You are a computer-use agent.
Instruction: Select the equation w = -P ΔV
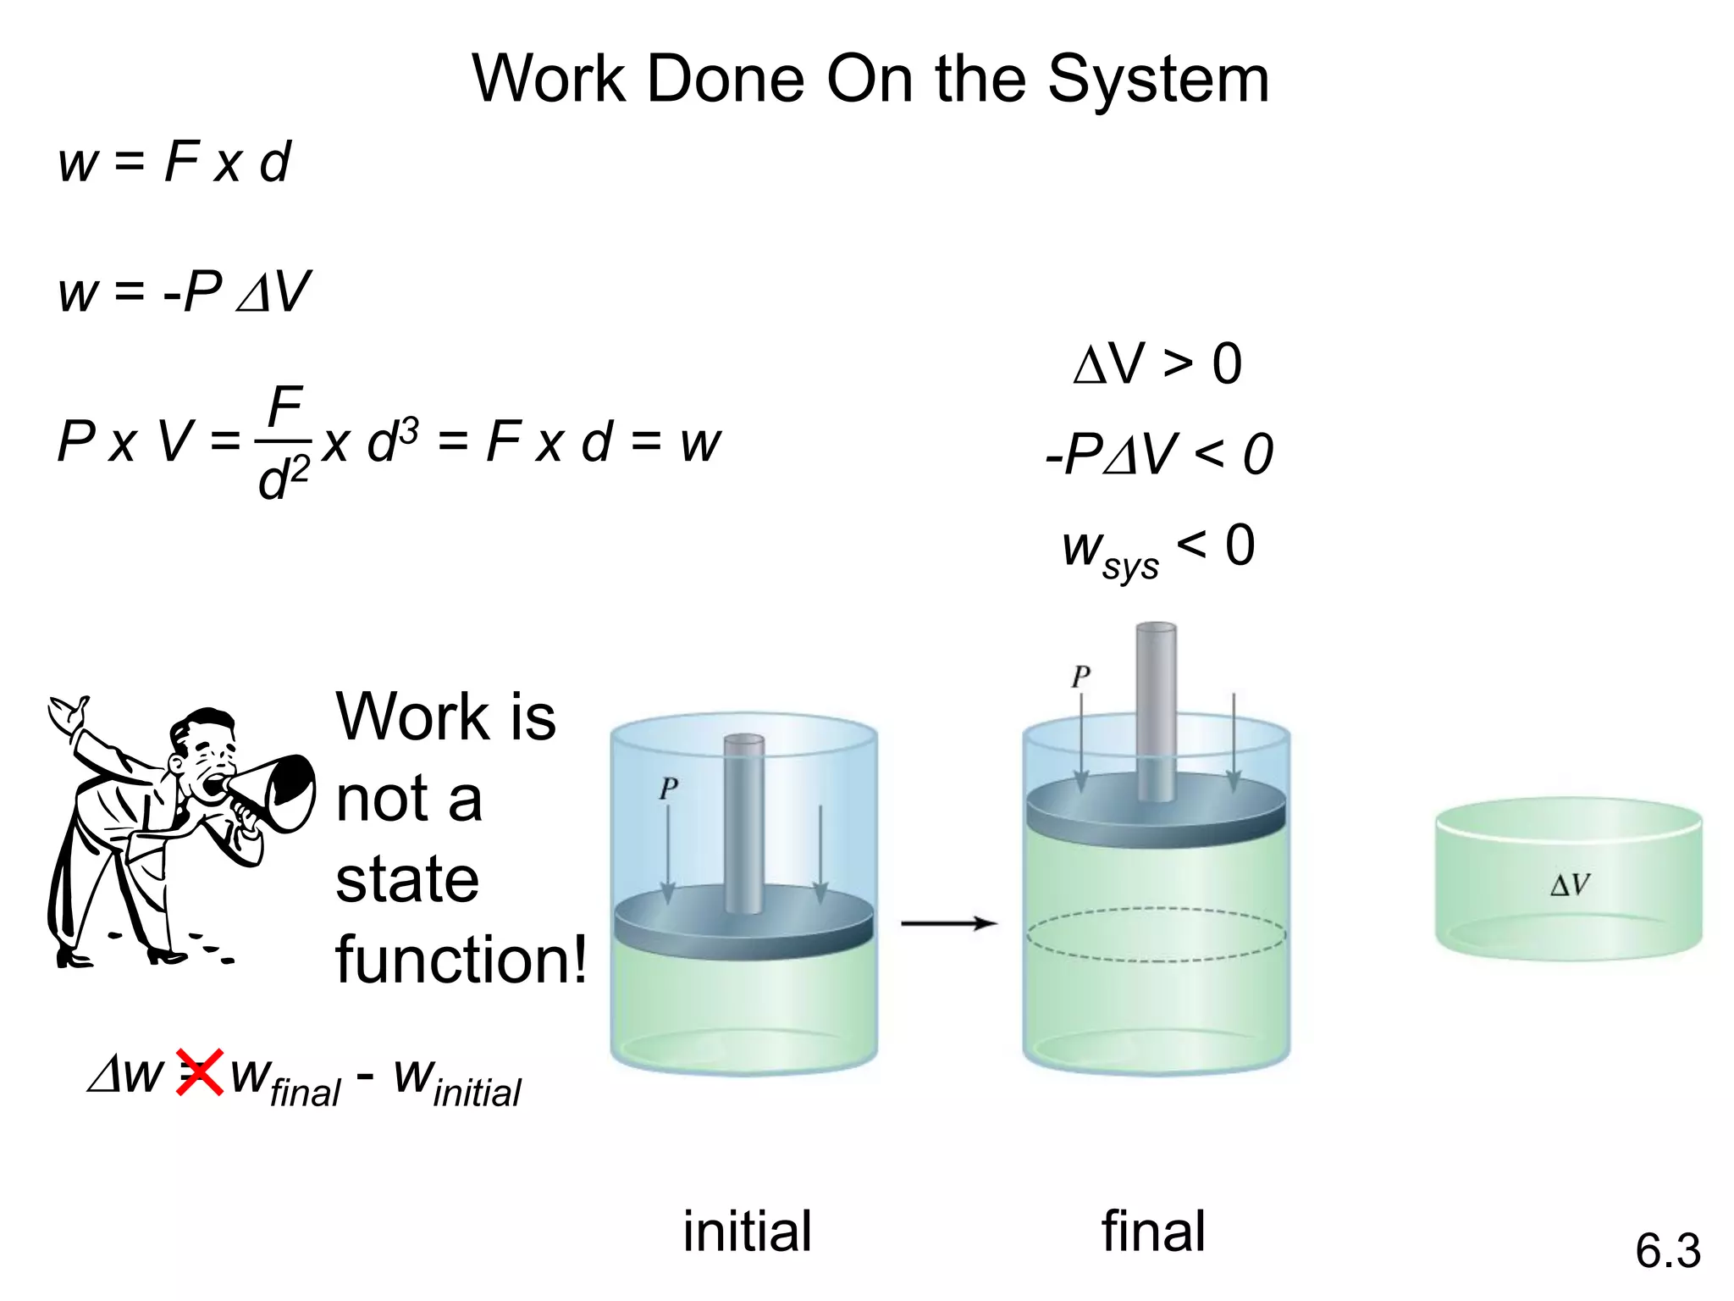pyautogui.click(x=184, y=292)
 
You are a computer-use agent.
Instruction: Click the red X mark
pyautogui.click(x=200, y=1071)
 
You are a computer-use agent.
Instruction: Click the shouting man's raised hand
pyautogui.click(x=68, y=716)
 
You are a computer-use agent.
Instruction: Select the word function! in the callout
pyautogui.click(x=461, y=960)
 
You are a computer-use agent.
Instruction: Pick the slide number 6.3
pyautogui.click(x=1667, y=1250)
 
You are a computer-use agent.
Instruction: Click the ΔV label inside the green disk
pyautogui.click(x=1570, y=885)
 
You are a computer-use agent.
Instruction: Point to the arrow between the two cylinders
pyautogui.click(x=948, y=922)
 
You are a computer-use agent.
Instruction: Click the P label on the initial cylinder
pyautogui.click(x=668, y=789)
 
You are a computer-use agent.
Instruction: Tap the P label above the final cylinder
pyautogui.click(x=1080, y=676)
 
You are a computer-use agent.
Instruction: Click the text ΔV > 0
pyautogui.click(x=1157, y=364)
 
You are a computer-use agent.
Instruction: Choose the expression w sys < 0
pyautogui.click(x=1157, y=549)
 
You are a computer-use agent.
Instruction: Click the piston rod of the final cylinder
pyautogui.click(x=1156, y=703)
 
